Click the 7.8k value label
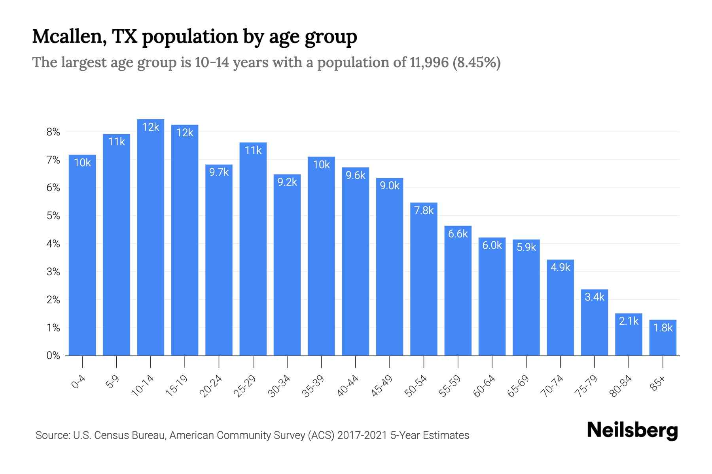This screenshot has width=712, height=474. click(424, 211)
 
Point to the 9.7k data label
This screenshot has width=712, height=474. click(219, 172)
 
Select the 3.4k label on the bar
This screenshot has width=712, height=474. click(594, 297)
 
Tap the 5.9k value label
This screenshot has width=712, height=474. click(526, 247)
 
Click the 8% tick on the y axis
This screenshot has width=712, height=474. click(53, 132)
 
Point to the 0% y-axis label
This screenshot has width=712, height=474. click(53, 356)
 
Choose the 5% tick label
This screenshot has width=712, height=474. click(53, 216)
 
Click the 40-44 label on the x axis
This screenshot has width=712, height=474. click(347, 386)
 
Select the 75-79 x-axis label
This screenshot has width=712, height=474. click(586, 386)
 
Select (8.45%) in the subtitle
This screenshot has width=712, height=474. click(477, 62)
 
